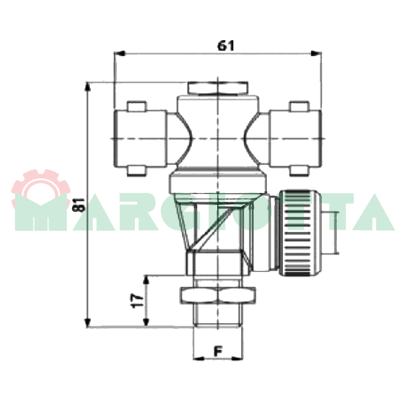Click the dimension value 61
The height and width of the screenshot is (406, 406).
point(226,46)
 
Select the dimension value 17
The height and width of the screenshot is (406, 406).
point(138,301)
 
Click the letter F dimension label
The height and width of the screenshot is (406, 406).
point(218,351)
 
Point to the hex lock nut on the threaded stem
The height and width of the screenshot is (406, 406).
point(218,295)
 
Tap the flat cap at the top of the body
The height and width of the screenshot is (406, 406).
point(218,88)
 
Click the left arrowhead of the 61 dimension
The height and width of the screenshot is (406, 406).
point(120,54)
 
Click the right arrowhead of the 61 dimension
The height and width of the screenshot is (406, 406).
point(316,54)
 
